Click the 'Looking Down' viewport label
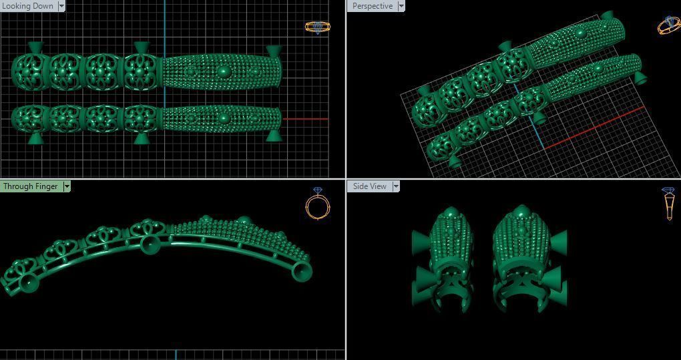pyautogui.click(x=28, y=5)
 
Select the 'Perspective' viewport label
pyautogui.click(x=372, y=6)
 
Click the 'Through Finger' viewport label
pyautogui.click(x=31, y=186)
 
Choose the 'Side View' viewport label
pyautogui.click(x=369, y=186)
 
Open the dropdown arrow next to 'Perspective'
pyautogui.click(x=401, y=6)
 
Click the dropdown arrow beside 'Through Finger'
pyautogui.click(x=67, y=186)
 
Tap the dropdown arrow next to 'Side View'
pyautogui.click(x=396, y=186)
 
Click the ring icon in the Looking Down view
pyautogui.click(x=317, y=27)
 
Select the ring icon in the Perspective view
pyautogui.click(x=669, y=25)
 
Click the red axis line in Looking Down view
pyautogui.click(x=306, y=119)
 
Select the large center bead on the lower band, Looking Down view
pyautogui.click(x=224, y=118)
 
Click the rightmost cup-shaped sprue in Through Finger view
pyautogui.click(x=302, y=270)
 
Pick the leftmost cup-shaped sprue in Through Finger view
pyautogui.click(x=28, y=283)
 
